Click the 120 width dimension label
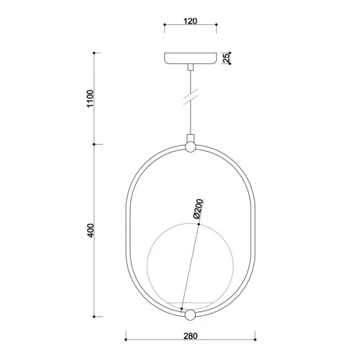190,22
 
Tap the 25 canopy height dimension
226,58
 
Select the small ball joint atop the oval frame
190,147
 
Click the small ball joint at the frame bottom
190,315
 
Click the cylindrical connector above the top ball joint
190,138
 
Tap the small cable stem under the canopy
190,67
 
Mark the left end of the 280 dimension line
125,340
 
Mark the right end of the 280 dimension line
255,340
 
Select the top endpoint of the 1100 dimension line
96,52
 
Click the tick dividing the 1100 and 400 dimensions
96,144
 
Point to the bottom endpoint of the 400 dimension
96,315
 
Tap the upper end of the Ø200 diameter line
197,225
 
